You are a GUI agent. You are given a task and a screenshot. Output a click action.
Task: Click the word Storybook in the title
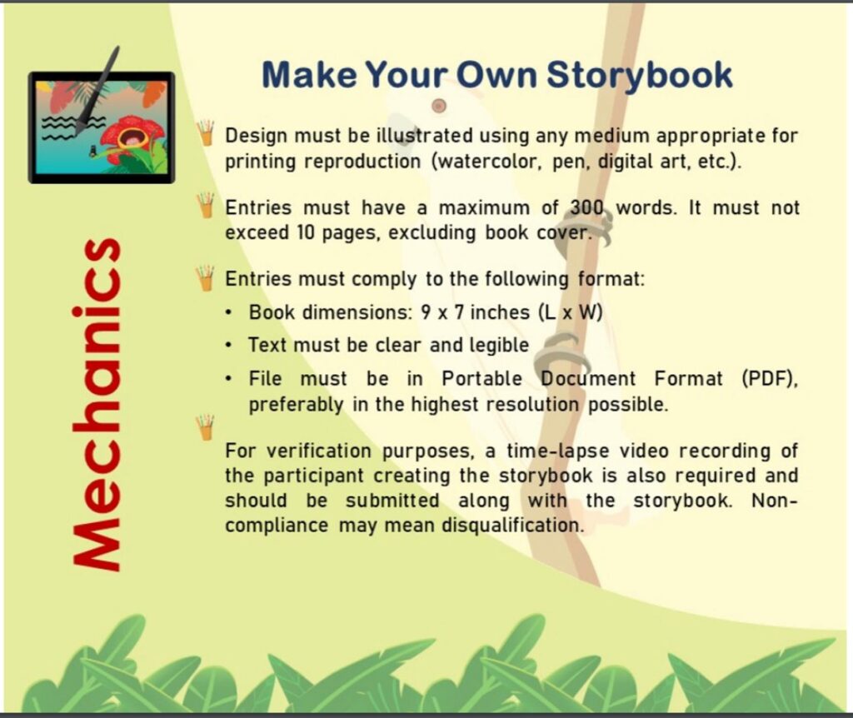639,76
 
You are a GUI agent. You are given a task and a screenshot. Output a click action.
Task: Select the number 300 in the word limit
587,207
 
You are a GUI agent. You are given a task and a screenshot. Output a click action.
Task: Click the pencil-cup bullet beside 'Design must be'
207,132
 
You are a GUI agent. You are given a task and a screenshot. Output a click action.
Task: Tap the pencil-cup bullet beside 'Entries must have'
206,205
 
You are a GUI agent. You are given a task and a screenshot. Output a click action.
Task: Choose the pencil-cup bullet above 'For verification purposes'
205,427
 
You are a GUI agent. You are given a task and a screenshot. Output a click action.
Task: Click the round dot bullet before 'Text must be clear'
230,346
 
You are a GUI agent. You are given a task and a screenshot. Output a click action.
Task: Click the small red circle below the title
439,106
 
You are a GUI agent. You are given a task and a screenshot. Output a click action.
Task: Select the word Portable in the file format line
482,379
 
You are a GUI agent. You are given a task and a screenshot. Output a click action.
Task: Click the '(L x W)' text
571,312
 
